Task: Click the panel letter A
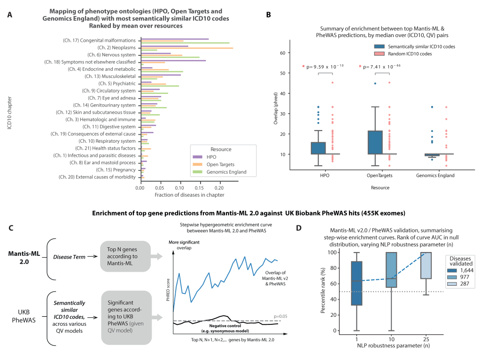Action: coord(10,15)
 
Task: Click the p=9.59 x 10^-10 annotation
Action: coord(326,66)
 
